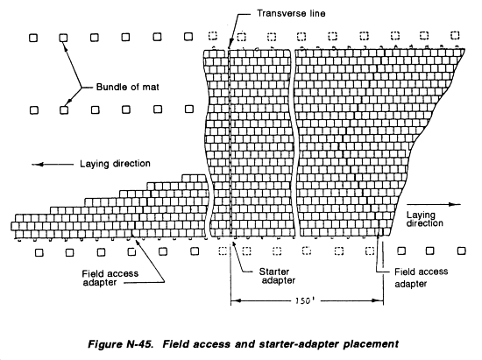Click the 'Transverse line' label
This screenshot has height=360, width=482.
tap(291, 13)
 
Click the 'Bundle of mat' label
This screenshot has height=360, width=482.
tap(128, 87)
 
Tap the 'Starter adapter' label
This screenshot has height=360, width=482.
tap(277, 276)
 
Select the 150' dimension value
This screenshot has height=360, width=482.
tap(304, 300)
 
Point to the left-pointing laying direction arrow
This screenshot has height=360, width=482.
tap(53, 165)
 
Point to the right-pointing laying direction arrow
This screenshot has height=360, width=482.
tap(434, 204)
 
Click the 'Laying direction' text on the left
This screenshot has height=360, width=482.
tap(115, 164)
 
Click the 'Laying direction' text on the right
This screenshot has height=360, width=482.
tap(424, 219)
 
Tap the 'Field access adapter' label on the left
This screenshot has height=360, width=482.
tap(110, 278)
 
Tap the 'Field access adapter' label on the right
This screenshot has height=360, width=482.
tap(422, 277)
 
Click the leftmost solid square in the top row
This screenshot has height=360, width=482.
tap(33, 38)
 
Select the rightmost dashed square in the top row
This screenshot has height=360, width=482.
tap(455, 35)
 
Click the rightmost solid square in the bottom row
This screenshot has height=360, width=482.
tap(461, 251)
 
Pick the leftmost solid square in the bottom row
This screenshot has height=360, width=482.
tap(39, 253)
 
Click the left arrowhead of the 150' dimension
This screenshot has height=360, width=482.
tap(234, 300)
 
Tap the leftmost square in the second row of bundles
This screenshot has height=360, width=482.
tap(34, 110)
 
